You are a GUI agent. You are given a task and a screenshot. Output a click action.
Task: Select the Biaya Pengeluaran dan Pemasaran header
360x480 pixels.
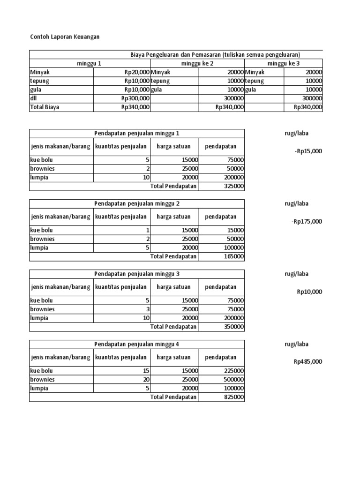[215, 55]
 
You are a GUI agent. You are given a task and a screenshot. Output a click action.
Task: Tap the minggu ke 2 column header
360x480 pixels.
[197, 63]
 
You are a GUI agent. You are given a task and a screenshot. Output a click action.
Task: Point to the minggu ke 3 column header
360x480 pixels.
[283, 63]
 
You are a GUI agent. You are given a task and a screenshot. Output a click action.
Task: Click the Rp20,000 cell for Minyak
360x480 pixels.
[135, 72]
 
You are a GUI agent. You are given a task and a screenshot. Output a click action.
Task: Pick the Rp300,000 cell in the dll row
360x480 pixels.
[135, 98]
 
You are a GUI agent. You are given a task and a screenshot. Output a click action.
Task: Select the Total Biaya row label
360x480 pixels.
[45, 107]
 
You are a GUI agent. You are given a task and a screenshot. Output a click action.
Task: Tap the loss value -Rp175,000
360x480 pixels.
[307, 221]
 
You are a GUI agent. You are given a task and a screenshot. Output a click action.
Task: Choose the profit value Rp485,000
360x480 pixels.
[308, 362]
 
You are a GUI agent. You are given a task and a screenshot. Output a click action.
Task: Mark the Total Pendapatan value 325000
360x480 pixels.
[233, 187]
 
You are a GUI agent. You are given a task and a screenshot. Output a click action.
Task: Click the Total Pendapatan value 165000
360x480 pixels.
[233, 257]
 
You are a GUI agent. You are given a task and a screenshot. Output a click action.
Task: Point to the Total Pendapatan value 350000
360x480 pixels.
[233, 327]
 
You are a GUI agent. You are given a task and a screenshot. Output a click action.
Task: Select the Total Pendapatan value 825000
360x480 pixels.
[233, 397]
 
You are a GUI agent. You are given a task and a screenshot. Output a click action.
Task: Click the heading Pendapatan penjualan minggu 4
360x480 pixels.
[137, 344]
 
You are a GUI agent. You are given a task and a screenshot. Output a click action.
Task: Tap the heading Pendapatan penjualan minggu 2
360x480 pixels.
[137, 203]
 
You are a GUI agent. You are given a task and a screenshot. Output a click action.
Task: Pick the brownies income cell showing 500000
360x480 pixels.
[233, 380]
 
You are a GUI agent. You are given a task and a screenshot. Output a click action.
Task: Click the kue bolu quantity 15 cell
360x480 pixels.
[146, 371]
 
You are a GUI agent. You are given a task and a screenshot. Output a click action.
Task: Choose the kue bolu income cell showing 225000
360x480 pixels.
[233, 371]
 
